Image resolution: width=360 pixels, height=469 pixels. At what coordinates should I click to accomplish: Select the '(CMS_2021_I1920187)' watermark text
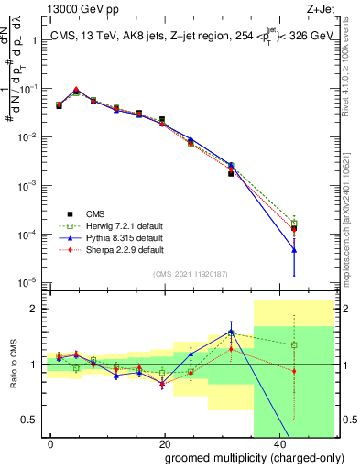pos(191,274)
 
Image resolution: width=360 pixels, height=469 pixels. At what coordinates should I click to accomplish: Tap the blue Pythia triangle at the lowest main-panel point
pos(294,250)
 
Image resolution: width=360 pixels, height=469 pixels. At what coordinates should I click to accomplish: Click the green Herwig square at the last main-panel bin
pos(294,224)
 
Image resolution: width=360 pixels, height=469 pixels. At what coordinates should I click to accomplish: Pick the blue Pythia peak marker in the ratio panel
pos(231,332)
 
